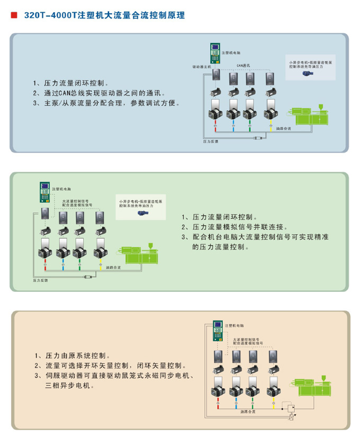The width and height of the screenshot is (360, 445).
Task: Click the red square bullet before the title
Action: (13, 15)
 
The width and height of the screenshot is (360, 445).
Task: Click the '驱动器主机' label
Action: (202, 68)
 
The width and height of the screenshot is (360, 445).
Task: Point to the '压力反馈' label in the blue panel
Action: (211, 142)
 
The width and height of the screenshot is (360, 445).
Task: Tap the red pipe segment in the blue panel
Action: (215, 127)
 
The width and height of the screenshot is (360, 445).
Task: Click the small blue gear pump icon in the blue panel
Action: (305, 74)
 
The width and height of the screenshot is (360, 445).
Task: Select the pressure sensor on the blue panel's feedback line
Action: (258, 138)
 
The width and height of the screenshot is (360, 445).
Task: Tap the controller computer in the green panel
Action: (44, 193)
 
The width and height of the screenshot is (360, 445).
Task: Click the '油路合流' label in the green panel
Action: (114, 268)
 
